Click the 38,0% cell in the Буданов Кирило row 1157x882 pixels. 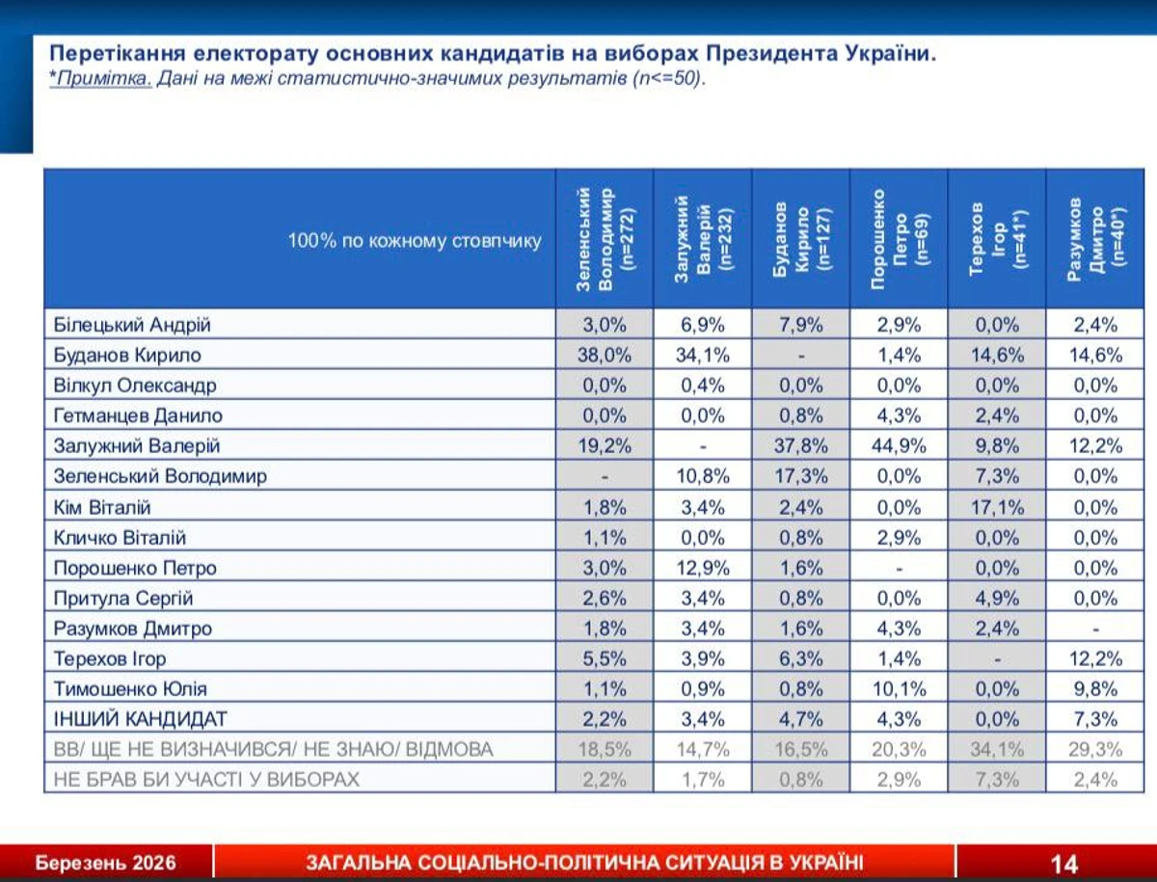click(x=605, y=355)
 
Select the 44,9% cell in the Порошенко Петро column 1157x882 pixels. click(x=899, y=445)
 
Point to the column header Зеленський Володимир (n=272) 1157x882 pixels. click(x=605, y=239)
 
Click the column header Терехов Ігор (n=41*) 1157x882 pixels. click(x=997, y=239)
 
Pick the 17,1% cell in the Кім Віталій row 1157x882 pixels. click(x=997, y=507)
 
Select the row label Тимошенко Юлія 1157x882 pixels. click(x=130, y=688)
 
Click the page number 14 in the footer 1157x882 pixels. click(x=1063, y=863)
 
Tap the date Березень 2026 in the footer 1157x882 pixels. click(x=106, y=863)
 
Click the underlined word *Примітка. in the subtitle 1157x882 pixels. click(x=100, y=79)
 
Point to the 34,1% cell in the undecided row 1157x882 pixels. click(x=997, y=749)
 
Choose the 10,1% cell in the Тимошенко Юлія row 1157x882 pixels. click(x=899, y=688)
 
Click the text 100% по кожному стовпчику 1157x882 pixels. click(x=415, y=241)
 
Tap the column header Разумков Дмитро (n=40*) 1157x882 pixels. click(x=1095, y=239)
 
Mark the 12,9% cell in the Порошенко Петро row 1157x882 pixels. click(x=703, y=568)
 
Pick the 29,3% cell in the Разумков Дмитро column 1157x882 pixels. click(x=1095, y=749)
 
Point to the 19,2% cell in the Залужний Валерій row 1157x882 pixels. click(x=605, y=445)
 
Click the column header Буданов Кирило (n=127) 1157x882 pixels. click(x=800, y=239)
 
